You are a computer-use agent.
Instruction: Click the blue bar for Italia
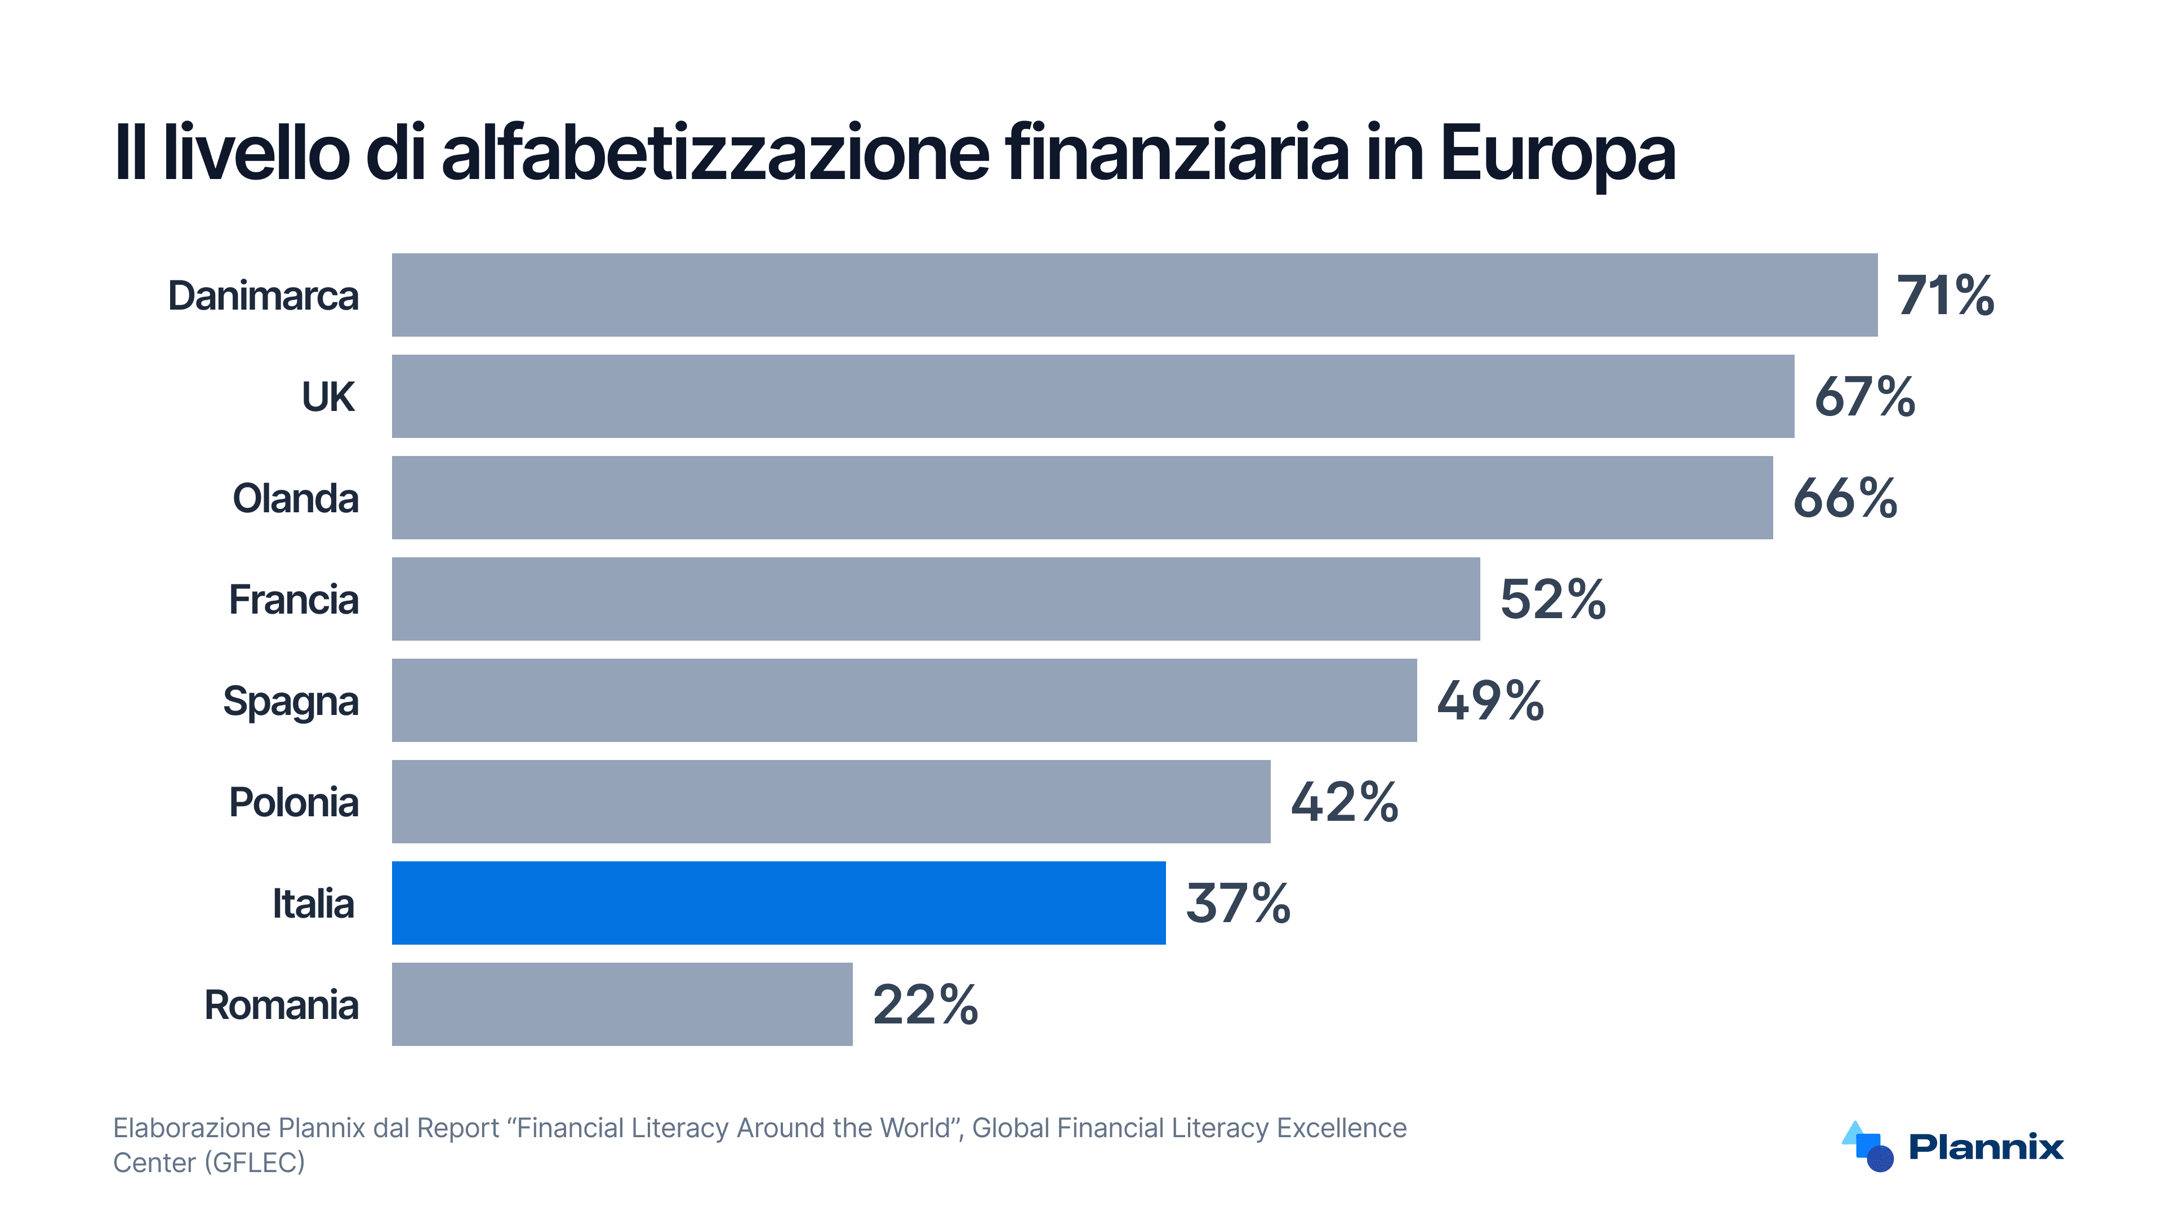[x=778, y=903]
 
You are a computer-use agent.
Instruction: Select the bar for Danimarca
[x=1134, y=296]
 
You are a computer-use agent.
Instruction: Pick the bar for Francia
[x=936, y=599]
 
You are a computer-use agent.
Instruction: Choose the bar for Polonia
[x=830, y=802]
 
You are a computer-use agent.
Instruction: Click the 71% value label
[x=1944, y=296]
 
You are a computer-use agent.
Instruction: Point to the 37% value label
[x=1238, y=903]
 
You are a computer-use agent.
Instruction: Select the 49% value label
[x=1489, y=701]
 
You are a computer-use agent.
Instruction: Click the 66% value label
[x=1845, y=498]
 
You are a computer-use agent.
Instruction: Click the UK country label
[x=328, y=397]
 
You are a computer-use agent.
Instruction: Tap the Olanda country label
[x=296, y=498]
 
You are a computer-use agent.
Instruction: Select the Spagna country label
[x=291, y=701]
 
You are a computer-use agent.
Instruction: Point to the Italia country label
[x=313, y=904]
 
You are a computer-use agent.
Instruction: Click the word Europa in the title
[x=1557, y=154]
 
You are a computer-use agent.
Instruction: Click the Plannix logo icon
[x=1868, y=1146]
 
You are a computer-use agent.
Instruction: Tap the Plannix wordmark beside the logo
[x=1986, y=1146]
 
